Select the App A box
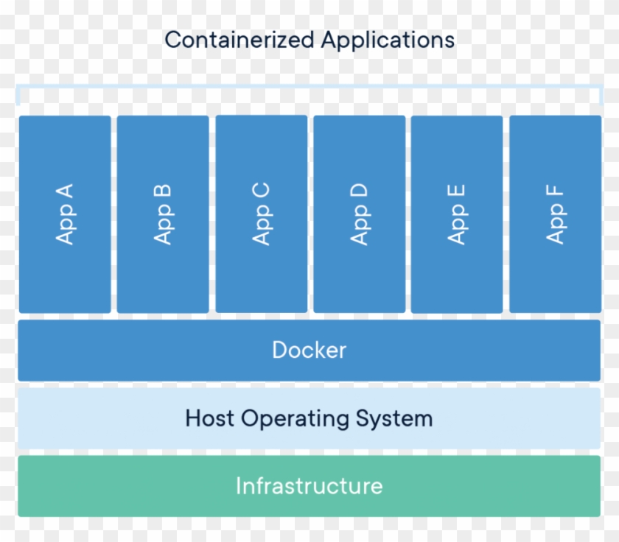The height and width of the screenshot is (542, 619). [65, 214]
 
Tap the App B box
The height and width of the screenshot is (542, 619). [163, 214]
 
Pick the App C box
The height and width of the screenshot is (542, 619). [262, 214]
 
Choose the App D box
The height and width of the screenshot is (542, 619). [360, 214]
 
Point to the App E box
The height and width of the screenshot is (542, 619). [457, 214]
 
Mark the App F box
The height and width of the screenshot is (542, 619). [555, 214]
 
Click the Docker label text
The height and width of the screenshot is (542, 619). [309, 350]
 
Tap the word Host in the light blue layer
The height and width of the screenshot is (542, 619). [211, 418]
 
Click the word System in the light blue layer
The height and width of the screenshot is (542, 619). [394, 419]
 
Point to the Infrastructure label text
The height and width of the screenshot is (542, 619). [309, 486]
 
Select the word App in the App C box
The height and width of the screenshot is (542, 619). [262, 227]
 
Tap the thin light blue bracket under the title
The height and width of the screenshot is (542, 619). [309, 88]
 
